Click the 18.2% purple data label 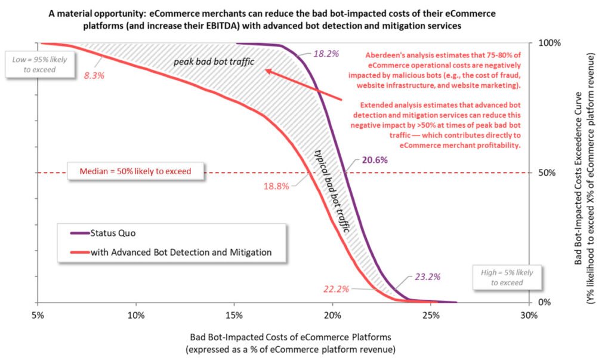tap(326, 53)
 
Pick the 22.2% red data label tap(337, 289)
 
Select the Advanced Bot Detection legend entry tap(180, 252)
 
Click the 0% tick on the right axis tap(544, 303)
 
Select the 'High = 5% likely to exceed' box tap(507, 276)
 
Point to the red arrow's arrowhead tap(267, 70)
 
